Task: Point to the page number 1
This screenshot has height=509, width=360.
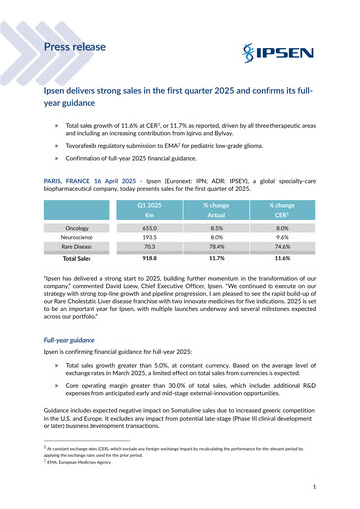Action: coord(312,487)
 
